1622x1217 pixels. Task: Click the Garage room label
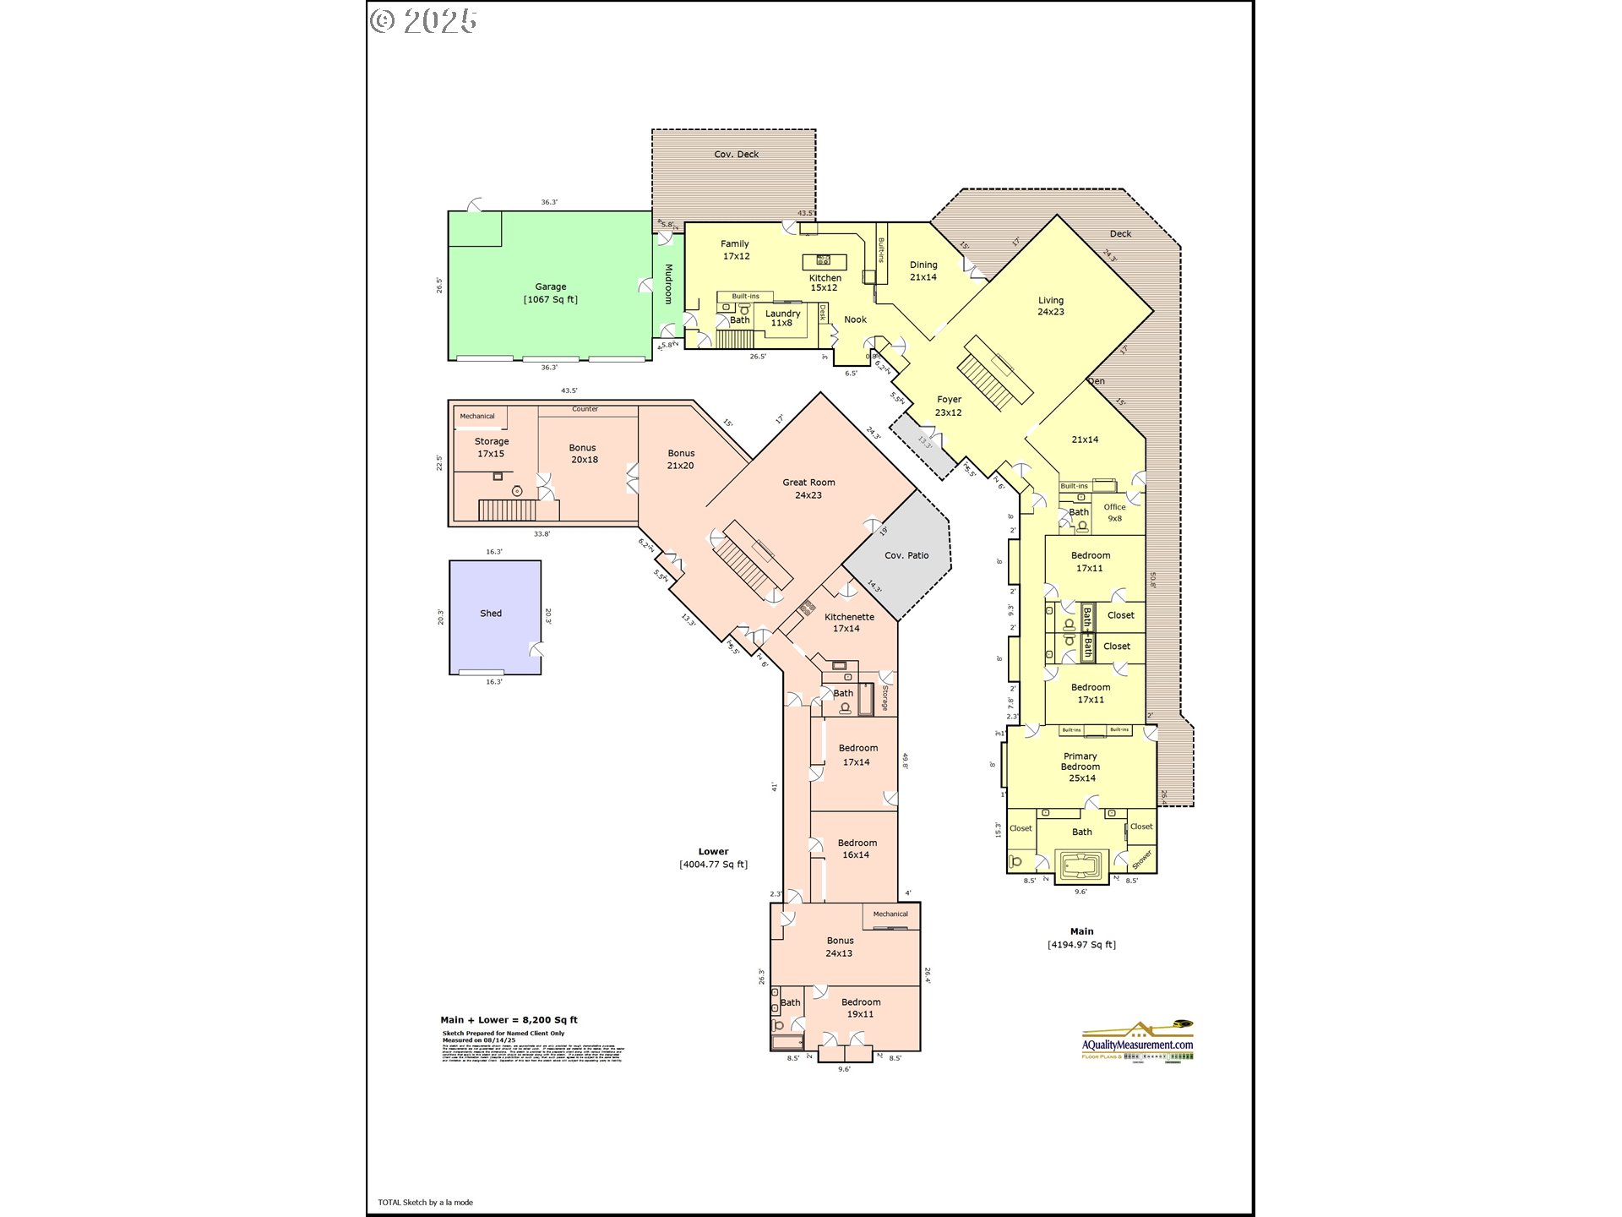(550, 292)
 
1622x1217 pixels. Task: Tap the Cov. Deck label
(736, 154)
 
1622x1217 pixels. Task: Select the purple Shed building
(494, 617)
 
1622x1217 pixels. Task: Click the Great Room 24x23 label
(808, 488)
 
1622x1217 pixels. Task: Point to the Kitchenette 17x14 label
(848, 622)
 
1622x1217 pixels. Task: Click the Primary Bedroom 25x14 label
(1080, 767)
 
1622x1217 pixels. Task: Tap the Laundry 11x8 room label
(782, 318)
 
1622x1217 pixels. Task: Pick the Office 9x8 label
(1114, 512)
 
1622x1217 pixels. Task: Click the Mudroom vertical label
(668, 284)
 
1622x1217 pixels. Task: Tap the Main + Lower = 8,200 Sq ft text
(509, 1020)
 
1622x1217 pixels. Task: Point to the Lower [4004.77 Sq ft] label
(713, 858)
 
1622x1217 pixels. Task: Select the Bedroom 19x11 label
(860, 1007)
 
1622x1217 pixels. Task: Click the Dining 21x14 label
(923, 270)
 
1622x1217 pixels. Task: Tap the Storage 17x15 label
(491, 447)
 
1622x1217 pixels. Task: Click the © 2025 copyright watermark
(424, 21)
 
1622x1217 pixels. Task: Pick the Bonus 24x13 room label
(839, 947)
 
